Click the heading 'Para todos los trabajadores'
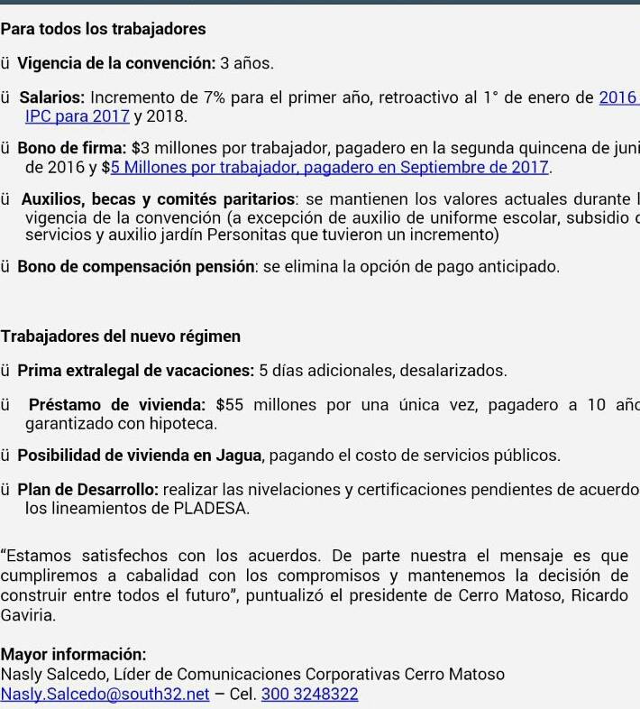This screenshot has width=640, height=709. pos(103,29)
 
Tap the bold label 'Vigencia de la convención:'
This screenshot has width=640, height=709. pos(116,63)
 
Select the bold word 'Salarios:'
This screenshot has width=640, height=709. pos(52,97)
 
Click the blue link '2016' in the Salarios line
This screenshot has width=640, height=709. pos(617,97)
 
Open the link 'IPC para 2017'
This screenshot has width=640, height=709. pos(78,116)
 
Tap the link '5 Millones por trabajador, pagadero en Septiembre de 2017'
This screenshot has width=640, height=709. pos(330,167)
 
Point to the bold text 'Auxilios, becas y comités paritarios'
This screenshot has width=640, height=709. pos(159,199)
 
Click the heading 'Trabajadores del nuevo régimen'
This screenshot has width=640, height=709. pos(121,336)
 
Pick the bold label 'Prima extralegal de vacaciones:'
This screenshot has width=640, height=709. pos(136,370)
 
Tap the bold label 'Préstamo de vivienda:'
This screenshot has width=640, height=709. pos(117,404)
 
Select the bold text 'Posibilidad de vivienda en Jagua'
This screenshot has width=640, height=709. pos(141,456)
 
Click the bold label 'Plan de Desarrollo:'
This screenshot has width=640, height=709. pos(88,490)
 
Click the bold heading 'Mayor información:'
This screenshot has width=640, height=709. pos(73,654)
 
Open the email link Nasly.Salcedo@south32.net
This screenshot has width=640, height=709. pos(105,694)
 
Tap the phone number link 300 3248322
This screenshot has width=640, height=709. pos(309,694)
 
